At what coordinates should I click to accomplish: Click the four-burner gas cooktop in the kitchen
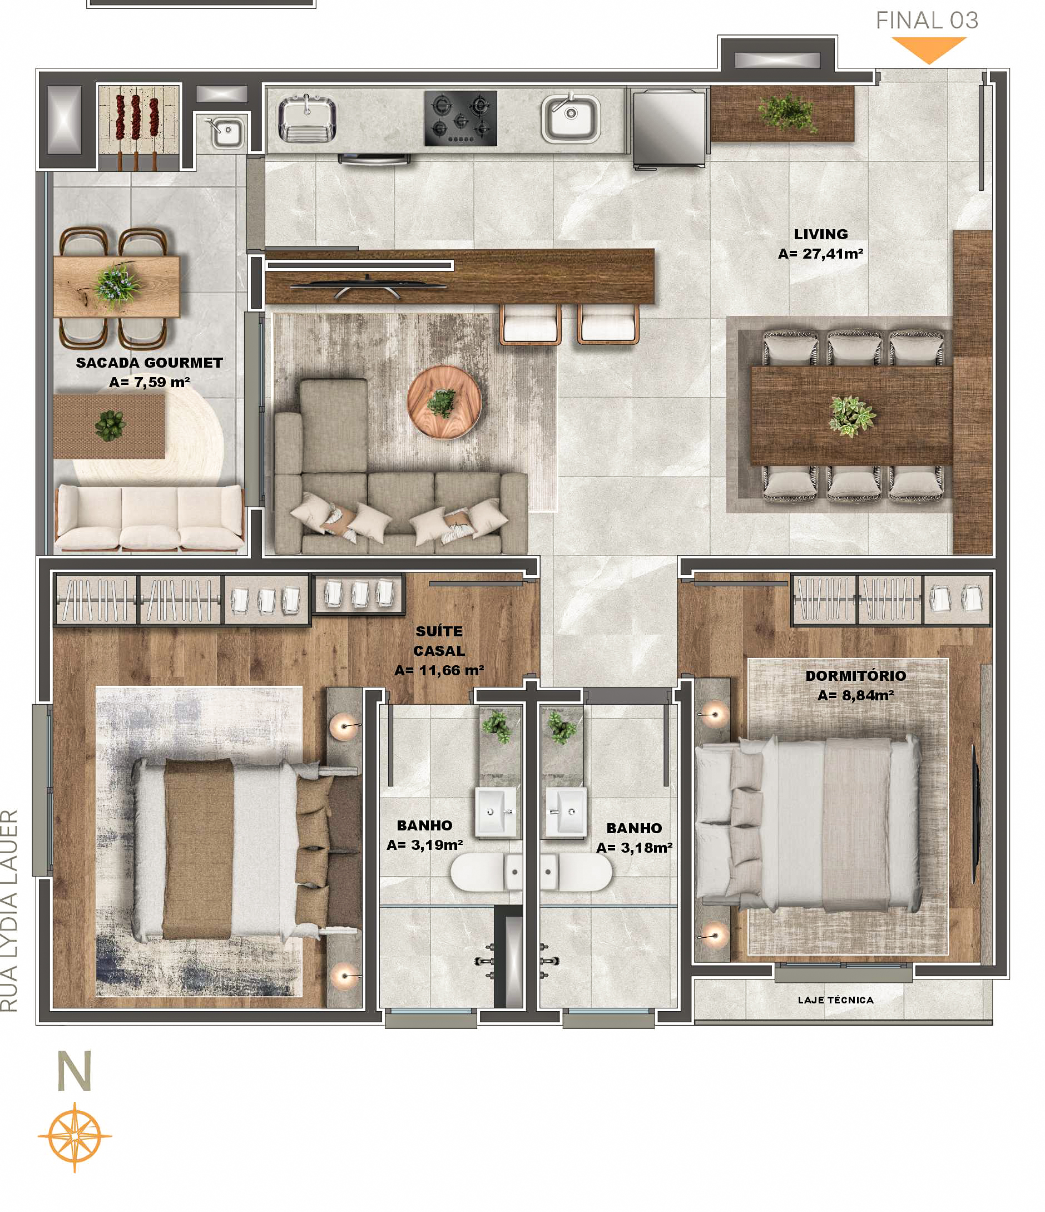coord(460,118)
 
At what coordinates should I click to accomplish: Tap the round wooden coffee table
coord(444,403)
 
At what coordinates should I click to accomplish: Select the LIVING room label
coord(820,234)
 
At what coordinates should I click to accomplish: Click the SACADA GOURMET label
coord(149,363)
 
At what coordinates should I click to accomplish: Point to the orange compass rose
coord(75,1136)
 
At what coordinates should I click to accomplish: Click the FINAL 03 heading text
coord(927,21)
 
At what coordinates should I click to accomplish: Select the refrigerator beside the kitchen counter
coord(669,128)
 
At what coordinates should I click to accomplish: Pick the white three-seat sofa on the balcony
coord(150,518)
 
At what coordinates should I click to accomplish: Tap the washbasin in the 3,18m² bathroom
coord(565,811)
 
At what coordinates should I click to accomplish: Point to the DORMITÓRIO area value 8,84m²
coord(855,695)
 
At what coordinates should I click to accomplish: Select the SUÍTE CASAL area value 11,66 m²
coord(439,670)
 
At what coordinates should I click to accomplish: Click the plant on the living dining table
coord(852,415)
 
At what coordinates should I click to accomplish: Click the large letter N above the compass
coord(75,1071)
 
